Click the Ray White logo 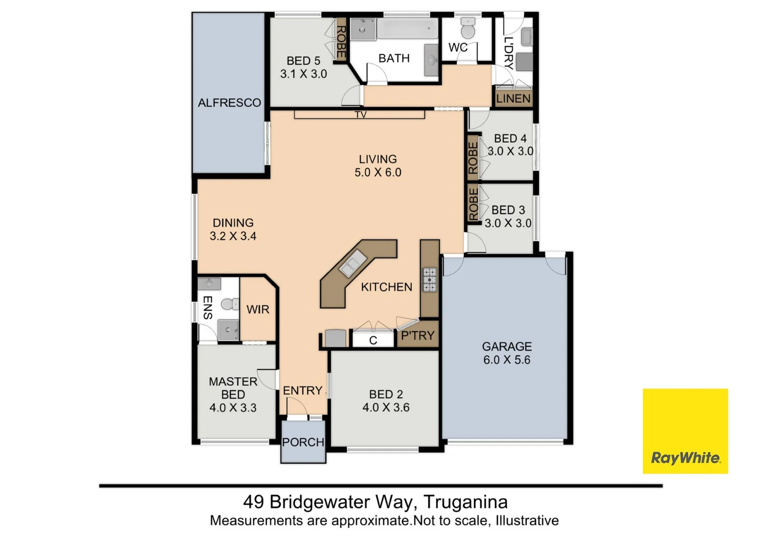(685, 431)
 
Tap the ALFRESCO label (229, 103)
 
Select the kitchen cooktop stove (429, 280)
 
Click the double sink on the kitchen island (352, 263)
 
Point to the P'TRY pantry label (418, 336)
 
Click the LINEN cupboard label (513, 99)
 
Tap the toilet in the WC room (468, 29)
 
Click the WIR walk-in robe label (258, 309)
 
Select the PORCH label (303, 442)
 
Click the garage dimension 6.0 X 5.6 (507, 360)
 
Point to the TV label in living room (361, 115)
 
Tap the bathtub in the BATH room (407, 29)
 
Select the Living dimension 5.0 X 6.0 (378, 172)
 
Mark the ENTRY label (302, 391)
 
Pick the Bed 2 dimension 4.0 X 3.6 (385, 407)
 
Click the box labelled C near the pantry (373, 340)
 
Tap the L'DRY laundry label (508, 52)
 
